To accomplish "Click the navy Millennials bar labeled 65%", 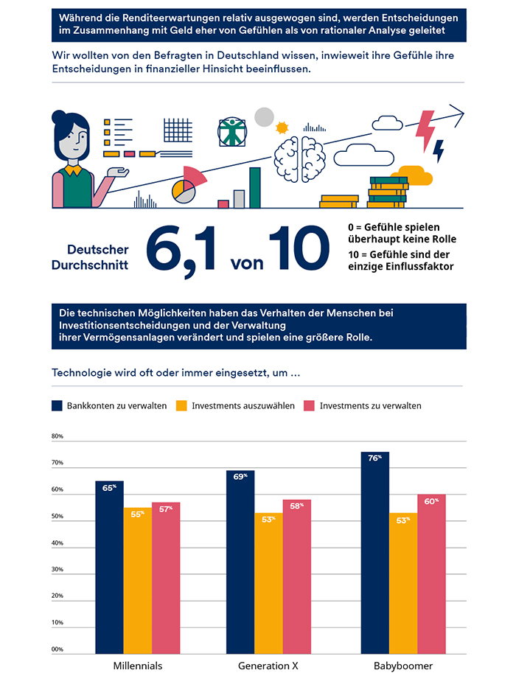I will pos(109,568).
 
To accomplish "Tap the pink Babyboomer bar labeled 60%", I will pos(431,574).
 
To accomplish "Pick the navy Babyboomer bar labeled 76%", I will pos(374,553).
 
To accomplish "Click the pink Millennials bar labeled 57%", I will pos(166,578).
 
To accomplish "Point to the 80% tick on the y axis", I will pos(57,436).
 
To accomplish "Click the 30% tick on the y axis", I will pos(57,570).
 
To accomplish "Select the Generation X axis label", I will pos(268,666).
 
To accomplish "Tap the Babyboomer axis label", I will pos(402,666).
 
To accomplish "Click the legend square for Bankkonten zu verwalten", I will pos(57,405).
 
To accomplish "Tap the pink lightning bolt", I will pos(426,129).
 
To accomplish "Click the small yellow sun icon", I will pos(281,128).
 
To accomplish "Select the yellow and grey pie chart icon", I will pos(182,190).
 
